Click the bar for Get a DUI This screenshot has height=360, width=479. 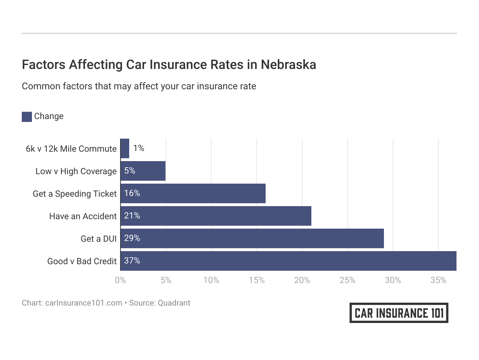252,238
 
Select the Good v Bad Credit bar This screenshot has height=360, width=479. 288,261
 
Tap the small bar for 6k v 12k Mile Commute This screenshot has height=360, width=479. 125,148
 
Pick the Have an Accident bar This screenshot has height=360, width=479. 216,216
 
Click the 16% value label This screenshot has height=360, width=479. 132,193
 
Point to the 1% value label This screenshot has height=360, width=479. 139,148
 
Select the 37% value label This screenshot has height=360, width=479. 132,261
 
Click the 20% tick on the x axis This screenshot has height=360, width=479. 302,280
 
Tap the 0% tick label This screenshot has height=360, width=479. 120,280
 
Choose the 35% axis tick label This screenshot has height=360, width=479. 438,280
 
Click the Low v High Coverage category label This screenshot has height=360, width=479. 76,171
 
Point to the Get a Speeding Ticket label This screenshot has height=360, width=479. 75,194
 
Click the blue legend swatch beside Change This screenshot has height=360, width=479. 27,116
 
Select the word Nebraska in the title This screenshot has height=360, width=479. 288,65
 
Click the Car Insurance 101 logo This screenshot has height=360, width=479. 399,313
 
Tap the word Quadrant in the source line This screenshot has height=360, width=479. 174,303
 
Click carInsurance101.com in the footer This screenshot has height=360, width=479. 84,303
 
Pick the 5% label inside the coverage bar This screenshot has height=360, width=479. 130,171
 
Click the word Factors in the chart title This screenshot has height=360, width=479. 44,65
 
